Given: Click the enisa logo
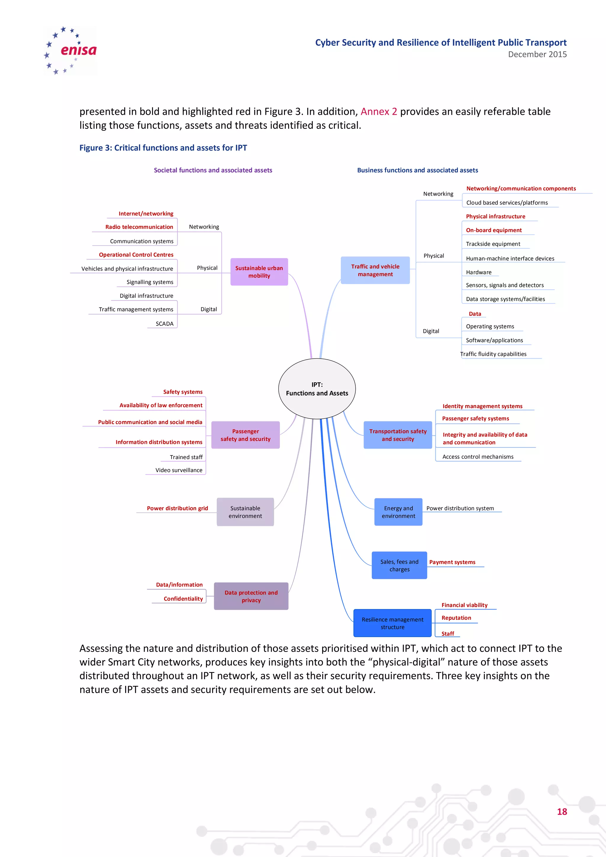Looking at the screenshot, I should pyautogui.click(x=70, y=51).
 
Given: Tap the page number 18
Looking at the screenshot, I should pyautogui.click(x=562, y=811).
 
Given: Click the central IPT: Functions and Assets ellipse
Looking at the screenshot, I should pyautogui.click(x=317, y=389).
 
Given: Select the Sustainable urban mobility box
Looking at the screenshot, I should pyautogui.click(x=259, y=272).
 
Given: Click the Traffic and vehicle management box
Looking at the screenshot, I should pyautogui.click(x=375, y=270).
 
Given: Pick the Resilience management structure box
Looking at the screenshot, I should pyautogui.click(x=392, y=623).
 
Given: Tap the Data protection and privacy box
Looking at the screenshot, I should pyautogui.click(x=251, y=596).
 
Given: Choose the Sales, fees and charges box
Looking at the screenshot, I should pyautogui.click(x=399, y=565).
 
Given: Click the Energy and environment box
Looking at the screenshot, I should pyautogui.click(x=398, y=512).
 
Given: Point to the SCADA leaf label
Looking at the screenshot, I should pyautogui.click(x=165, y=324).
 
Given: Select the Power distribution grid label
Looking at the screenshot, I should pyautogui.click(x=177, y=508).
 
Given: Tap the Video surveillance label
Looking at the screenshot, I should pyautogui.click(x=179, y=470).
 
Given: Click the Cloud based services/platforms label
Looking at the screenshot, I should pyautogui.click(x=507, y=203).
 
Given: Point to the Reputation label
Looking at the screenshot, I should pyautogui.click(x=456, y=618).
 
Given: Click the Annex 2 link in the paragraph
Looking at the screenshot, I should pyautogui.click(x=378, y=112).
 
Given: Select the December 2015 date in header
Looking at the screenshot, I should pyautogui.click(x=537, y=54).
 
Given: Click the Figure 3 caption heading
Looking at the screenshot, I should pyautogui.click(x=163, y=148).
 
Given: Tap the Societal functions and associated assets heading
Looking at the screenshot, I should pyautogui.click(x=213, y=170).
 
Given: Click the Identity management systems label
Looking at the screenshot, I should pyautogui.click(x=482, y=406).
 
